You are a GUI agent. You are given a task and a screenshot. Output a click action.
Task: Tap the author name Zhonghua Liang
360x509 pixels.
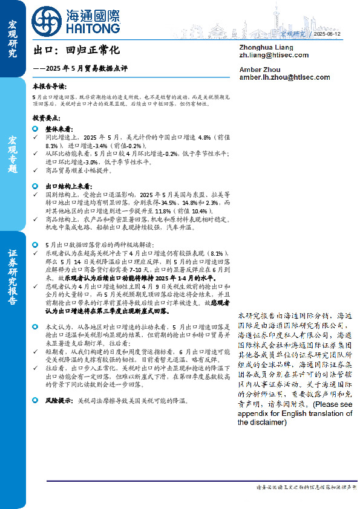(267, 47)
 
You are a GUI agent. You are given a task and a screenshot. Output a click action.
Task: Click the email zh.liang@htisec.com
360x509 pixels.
(273, 55)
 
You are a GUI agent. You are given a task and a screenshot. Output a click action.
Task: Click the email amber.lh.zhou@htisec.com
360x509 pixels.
(284, 77)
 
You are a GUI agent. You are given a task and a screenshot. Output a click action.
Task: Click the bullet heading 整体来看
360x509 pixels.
(58, 129)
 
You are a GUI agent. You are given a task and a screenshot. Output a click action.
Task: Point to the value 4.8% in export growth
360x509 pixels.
(189, 138)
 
